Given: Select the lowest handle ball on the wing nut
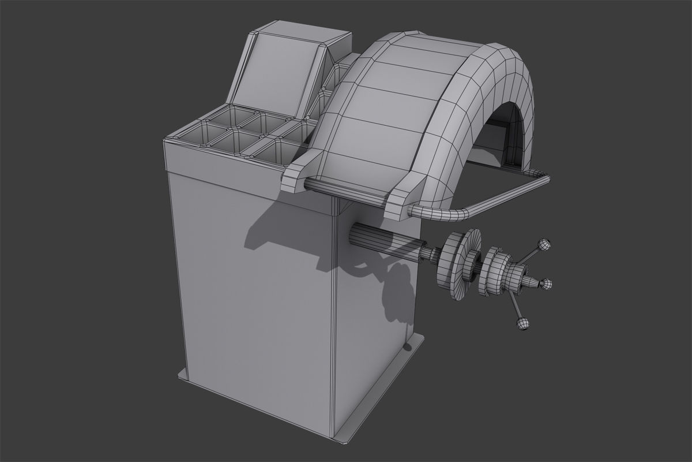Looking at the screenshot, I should tap(522, 324).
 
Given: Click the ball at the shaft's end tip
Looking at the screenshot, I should tap(545, 284).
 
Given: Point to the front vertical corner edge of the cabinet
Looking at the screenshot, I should tap(333, 323).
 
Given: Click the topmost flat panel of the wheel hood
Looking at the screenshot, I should tap(421, 43).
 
